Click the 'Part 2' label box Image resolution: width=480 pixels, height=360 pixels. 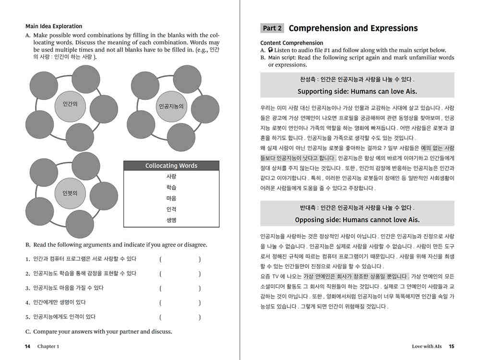[272, 28]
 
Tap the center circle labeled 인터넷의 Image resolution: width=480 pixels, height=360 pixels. [70, 193]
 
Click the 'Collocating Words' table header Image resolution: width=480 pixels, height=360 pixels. [171, 166]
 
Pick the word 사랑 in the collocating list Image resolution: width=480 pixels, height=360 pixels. [171, 177]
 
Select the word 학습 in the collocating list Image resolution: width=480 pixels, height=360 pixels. [171, 188]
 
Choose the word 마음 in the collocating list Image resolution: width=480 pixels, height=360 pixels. [171, 199]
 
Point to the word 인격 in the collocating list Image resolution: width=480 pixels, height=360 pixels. [171, 210]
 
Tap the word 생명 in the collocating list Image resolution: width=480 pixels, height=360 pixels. [171, 221]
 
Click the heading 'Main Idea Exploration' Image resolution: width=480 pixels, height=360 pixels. [54, 26]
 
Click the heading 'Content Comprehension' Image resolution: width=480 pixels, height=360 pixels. [292, 43]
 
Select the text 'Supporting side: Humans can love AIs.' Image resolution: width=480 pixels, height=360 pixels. [357, 91]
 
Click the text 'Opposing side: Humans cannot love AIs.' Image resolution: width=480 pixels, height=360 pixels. [357, 220]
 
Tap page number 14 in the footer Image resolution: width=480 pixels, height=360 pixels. [28, 346]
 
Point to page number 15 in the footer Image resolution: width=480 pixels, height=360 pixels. [451, 346]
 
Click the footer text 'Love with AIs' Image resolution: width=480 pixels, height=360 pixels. [426, 346]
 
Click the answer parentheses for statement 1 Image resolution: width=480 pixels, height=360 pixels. [180, 260]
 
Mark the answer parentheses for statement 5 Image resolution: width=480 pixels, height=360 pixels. [180, 317]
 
